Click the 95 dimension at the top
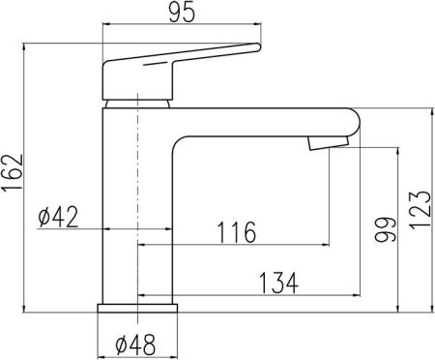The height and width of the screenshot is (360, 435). tap(180, 14)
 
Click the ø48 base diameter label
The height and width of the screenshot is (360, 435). tap(137, 344)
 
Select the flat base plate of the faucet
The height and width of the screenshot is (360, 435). tap(139, 308)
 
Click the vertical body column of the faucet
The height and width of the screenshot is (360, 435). tap(137, 203)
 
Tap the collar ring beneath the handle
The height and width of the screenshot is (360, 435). tap(138, 101)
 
